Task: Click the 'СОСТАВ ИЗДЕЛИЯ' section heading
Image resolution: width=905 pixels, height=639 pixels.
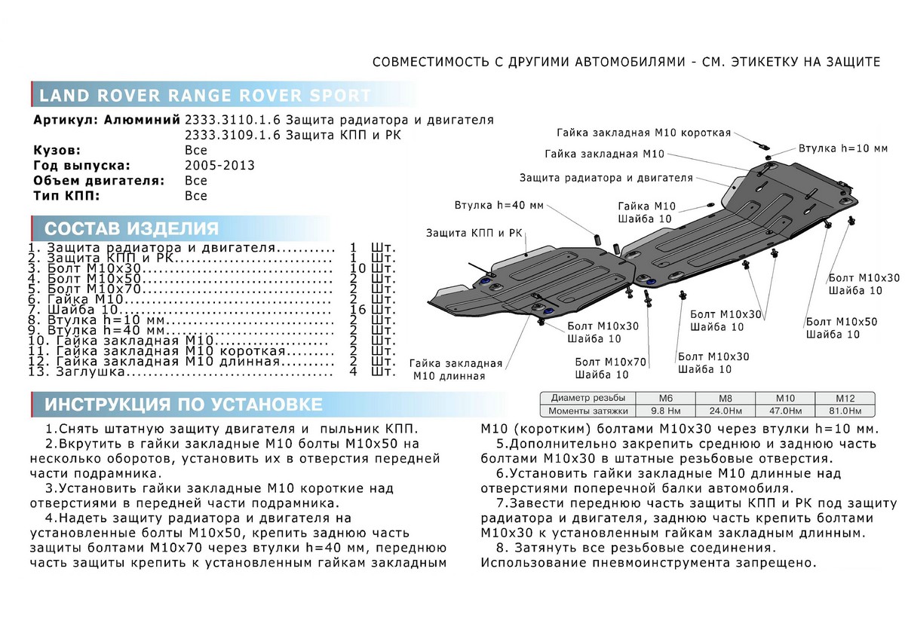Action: [132, 229]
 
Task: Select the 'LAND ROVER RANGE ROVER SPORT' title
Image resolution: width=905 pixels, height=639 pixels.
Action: [204, 96]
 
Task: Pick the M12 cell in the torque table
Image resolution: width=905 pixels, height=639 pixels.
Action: [843, 397]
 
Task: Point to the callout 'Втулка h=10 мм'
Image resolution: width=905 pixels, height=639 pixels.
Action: [843, 148]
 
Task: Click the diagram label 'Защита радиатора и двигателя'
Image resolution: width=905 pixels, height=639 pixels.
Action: [606, 178]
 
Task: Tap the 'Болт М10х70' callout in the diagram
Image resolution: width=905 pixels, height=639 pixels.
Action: [610, 362]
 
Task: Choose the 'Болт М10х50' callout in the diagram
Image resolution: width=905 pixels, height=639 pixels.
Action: [841, 322]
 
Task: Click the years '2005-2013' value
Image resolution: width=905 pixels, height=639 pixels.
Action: [219, 165]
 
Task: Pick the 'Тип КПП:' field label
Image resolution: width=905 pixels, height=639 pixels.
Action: [67, 196]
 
